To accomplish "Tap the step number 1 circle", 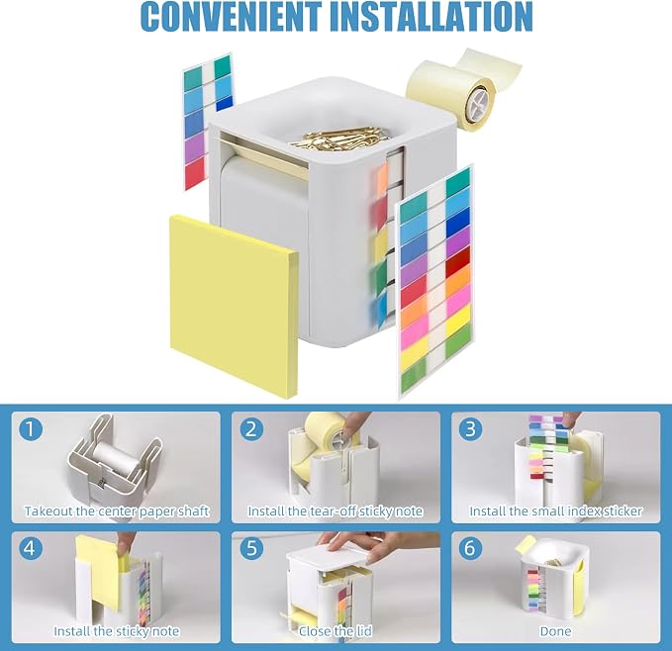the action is [x=31, y=429].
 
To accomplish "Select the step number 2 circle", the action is [x=251, y=429].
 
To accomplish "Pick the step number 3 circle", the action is [x=470, y=429].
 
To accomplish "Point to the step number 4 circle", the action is [x=31, y=548].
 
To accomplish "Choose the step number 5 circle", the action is [x=251, y=548].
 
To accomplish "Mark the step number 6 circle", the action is [x=470, y=548].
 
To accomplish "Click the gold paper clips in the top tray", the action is [x=338, y=138].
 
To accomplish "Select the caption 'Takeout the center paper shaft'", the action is [x=117, y=511].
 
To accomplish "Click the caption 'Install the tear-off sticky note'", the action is [x=336, y=511].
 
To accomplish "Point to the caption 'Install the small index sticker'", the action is [x=556, y=511].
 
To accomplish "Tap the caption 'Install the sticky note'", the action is [x=117, y=631].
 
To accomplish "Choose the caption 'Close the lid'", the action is [x=336, y=631].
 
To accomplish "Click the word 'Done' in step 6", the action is [x=556, y=631].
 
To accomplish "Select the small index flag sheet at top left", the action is [x=208, y=122].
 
